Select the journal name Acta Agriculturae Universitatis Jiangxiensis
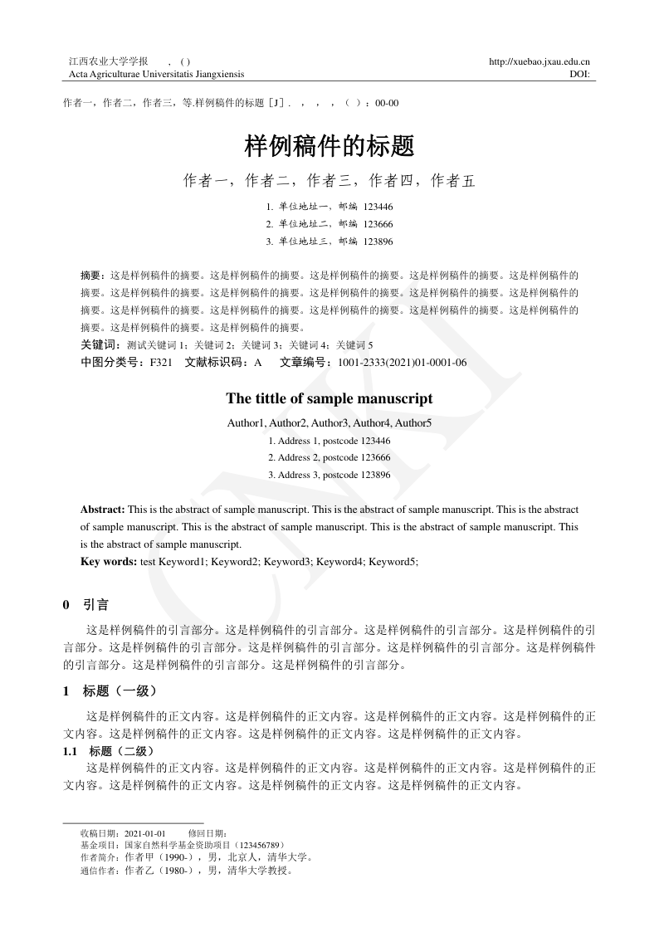coord(150,74)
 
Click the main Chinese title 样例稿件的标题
coord(329,147)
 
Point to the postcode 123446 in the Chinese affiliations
coord(378,207)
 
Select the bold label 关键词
coord(97,344)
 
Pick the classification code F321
coord(161,363)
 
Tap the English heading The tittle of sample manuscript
coord(329,398)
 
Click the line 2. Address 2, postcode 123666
coord(329,457)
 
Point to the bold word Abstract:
coord(103,509)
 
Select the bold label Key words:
coord(109,562)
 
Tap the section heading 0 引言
coord(86,605)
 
